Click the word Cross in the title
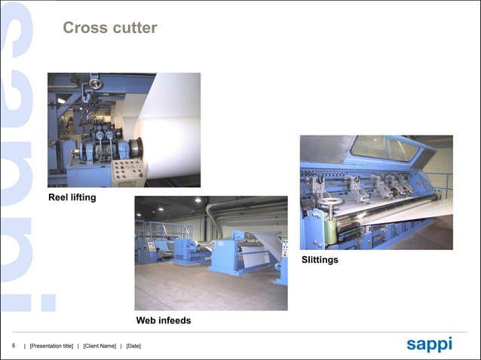point(82,29)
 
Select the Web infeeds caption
point(163,321)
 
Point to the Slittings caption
point(320,260)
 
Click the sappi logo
point(429,344)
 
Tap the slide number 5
point(13,346)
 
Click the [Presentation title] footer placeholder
point(51,346)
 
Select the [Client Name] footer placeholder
point(100,346)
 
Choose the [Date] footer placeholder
point(133,346)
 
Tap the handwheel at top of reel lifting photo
point(96,82)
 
